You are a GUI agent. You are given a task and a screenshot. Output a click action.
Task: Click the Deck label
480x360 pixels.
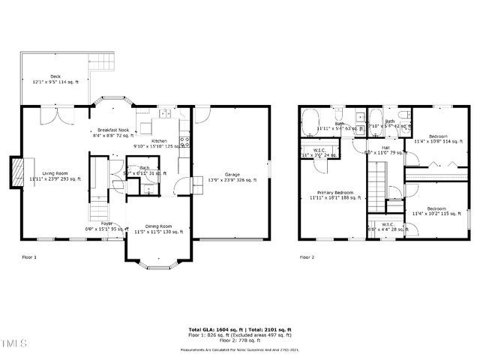click(x=55, y=79)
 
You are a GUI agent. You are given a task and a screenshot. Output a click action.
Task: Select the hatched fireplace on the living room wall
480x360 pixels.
click(x=15, y=168)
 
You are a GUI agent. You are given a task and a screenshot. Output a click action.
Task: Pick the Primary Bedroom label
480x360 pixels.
click(x=335, y=195)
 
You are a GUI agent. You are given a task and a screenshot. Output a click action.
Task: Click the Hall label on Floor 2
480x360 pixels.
click(x=384, y=149)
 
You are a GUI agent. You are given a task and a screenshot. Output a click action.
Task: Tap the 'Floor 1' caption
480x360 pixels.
click(x=28, y=256)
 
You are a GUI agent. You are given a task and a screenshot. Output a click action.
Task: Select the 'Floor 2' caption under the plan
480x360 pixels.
click(x=307, y=256)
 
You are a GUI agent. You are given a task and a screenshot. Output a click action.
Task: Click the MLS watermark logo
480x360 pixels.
click(x=13, y=344)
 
